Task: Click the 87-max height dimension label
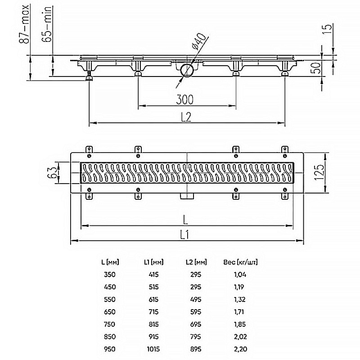point(24,24)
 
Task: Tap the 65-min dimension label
point(47,24)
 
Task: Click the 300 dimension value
point(185,99)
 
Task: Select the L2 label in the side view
point(186,117)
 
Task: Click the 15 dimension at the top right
point(327,29)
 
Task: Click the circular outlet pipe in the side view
point(186,70)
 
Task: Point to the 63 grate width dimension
point(52,173)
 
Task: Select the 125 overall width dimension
point(319,172)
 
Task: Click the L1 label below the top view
point(184,235)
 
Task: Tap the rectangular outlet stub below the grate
point(187,196)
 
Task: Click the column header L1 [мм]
point(153,262)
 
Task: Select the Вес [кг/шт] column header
point(240,262)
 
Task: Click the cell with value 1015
point(153,349)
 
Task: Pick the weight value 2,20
point(240,349)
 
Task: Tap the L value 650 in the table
point(110,312)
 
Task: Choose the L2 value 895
point(196,349)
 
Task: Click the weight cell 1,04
point(240,274)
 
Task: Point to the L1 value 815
point(153,324)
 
